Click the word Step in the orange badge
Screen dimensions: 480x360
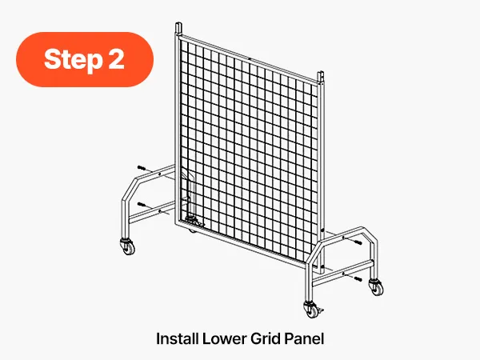coord(73,60)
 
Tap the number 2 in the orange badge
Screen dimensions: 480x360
coord(116,58)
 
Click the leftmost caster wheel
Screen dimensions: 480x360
coord(128,246)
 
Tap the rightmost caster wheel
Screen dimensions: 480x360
coord(377,287)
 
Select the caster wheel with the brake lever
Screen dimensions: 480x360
coord(312,310)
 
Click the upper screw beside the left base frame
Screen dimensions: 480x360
coord(141,168)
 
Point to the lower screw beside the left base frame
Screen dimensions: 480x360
coord(141,204)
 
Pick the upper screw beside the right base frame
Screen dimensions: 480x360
coord(358,242)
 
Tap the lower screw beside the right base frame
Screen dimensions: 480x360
coord(358,279)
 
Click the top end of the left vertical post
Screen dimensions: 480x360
coord(178,23)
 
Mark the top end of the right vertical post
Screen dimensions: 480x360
coord(321,73)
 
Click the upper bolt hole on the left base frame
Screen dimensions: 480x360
coord(159,174)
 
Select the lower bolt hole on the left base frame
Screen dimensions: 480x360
coord(159,210)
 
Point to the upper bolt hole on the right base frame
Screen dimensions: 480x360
coord(343,238)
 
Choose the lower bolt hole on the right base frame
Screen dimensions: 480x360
coord(343,274)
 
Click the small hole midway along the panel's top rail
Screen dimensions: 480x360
coord(250,58)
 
